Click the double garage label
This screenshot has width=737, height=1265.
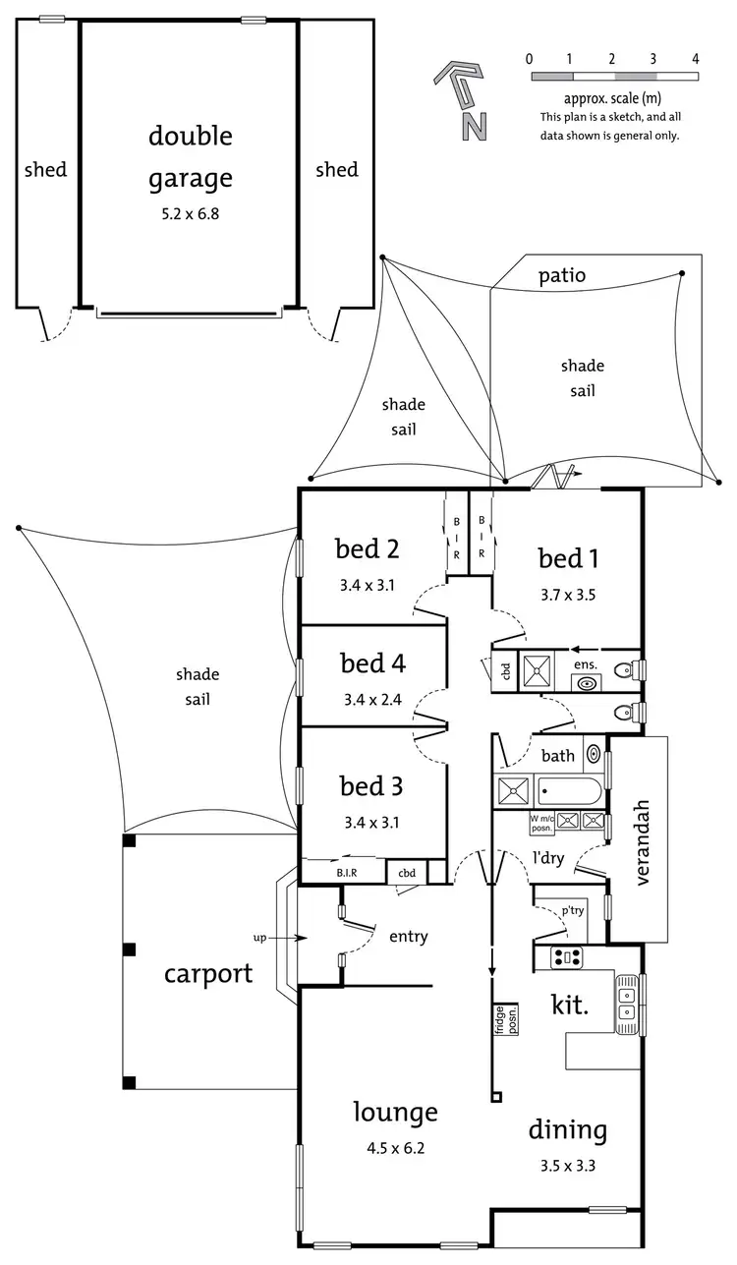191,156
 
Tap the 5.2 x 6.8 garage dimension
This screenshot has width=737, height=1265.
191,212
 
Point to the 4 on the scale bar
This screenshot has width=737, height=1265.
696,58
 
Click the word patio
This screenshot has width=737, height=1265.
562,275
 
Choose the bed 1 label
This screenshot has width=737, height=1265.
568,558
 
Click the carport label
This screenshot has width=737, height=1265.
207,974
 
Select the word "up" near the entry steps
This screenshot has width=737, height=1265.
259,938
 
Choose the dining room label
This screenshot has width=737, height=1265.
567,1130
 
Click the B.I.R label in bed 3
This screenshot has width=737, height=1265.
345,872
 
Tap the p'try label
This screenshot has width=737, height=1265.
572,910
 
